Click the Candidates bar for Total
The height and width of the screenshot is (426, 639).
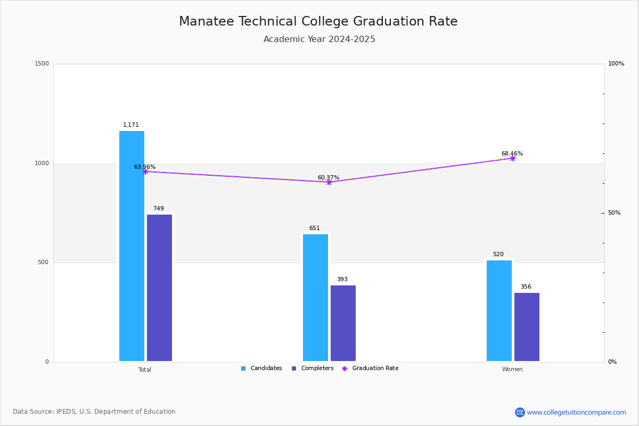[x=132, y=246]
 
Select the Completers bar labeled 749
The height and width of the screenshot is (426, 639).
[x=159, y=288]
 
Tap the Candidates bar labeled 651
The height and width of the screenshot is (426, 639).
[x=315, y=298]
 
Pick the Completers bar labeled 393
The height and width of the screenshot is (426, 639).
[x=343, y=323]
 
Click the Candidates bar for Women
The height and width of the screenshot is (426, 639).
[x=499, y=310]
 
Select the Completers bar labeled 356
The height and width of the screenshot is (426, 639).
[x=527, y=327]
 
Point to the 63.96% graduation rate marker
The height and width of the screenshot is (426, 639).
[x=145, y=171]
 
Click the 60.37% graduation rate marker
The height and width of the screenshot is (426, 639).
[x=329, y=182]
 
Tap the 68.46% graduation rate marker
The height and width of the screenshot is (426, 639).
[x=512, y=158]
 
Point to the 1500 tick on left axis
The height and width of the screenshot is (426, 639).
[x=42, y=64]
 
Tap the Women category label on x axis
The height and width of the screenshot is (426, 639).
[x=512, y=370]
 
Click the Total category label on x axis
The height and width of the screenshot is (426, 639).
[x=145, y=370]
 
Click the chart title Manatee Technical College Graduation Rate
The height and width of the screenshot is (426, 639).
[x=318, y=22]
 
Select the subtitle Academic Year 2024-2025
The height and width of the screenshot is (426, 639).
[x=319, y=39]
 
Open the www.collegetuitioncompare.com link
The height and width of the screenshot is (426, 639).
[x=576, y=412]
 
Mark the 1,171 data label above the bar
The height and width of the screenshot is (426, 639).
[x=131, y=125]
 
